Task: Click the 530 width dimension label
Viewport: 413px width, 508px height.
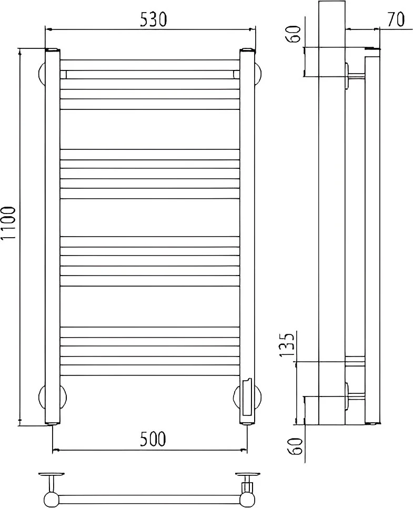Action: coord(153,20)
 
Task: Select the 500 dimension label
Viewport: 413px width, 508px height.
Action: coord(153,439)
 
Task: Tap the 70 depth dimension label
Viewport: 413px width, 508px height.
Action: coord(396,19)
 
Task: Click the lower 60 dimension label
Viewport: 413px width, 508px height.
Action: coord(295,446)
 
